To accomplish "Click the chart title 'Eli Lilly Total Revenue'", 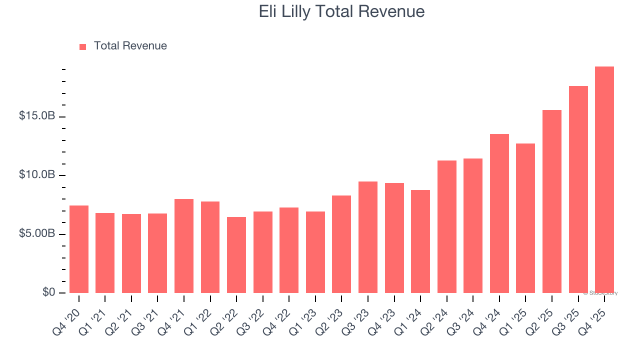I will pos(341,11).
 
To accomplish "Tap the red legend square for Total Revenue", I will pos(82,46).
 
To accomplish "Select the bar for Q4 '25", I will pos(604,180).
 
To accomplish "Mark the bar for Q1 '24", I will pos(420,241).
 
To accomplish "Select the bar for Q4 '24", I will pos(499,213).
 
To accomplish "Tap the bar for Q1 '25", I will pos(525,218).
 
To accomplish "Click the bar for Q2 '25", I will pos(551,201).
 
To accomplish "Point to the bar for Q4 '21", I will pos(184,246).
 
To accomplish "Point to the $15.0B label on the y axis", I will pos(36,116).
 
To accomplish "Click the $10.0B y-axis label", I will pos(36,175).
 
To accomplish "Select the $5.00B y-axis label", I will pos(36,234).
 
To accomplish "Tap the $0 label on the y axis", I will pos(48,292).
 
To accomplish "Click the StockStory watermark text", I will pos(600,293).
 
